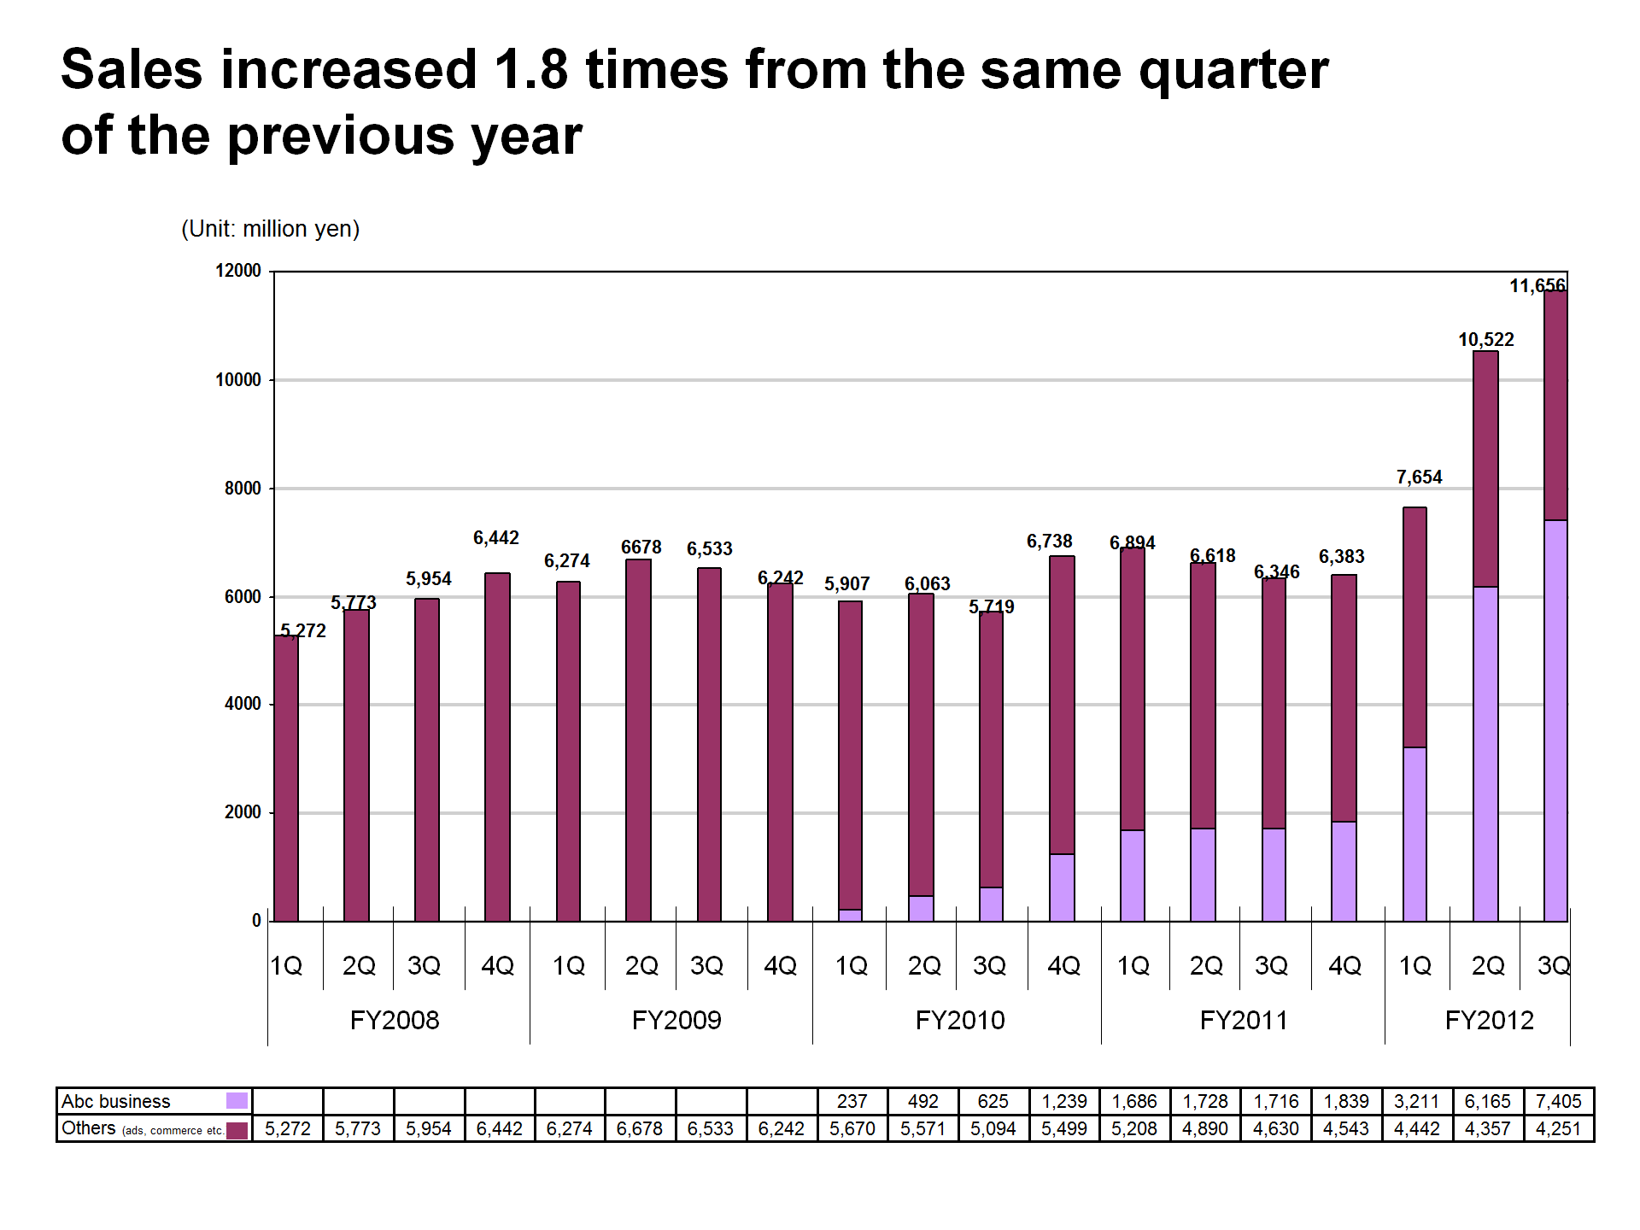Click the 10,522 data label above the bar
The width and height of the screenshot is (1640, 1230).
click(1485, 340)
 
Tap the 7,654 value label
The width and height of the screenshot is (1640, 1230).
click(1419, 477)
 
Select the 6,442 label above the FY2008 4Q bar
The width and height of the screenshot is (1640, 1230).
click(496, 538)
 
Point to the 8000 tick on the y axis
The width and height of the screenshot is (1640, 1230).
click(243, 489)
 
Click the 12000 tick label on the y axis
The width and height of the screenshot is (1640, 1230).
click(238, 271)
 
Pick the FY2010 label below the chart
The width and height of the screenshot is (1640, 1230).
click(960, 1020)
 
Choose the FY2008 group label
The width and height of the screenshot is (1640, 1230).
click(395, 1020)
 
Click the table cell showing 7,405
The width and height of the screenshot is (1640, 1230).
click(1558, 1101)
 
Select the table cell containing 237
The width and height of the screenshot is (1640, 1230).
click(852, 1101)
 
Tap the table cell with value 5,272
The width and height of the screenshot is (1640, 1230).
click(288, 1128)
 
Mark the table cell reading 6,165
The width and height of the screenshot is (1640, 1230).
click(1487, 1101)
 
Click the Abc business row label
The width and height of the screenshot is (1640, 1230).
click(116, 1101)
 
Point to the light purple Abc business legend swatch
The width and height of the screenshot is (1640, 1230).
click(237, 1100)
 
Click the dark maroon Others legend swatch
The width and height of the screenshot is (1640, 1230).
click(237, 1129)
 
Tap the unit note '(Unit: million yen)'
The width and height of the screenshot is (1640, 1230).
click(270, 229)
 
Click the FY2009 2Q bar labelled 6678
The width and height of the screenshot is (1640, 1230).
click(638, 740)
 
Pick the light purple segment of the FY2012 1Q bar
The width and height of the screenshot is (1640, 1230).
click(1414, 834)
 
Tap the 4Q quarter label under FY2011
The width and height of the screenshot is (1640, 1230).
click(1344, 965)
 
